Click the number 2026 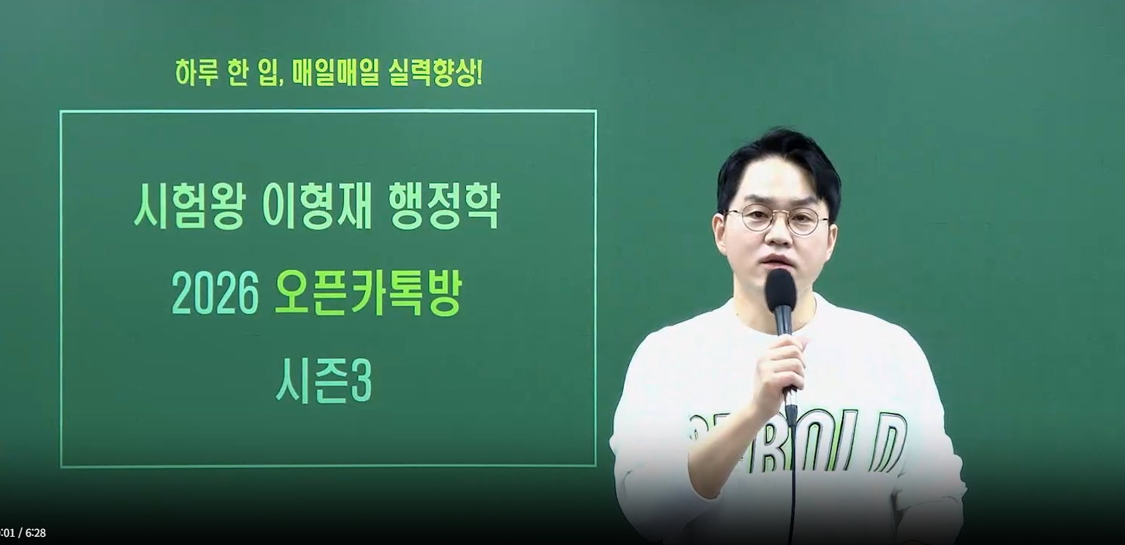[215, 295]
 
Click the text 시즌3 [323, 384]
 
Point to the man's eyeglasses [777, 219]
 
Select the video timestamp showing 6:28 [35, 533]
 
